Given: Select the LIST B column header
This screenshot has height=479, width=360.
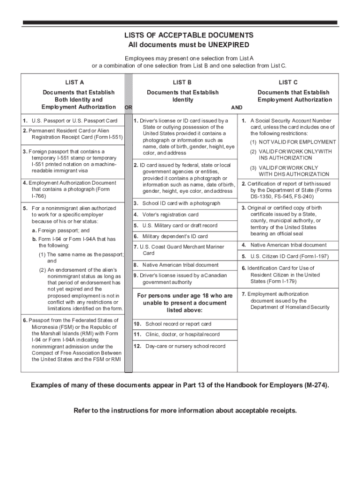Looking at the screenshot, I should click(182, 82).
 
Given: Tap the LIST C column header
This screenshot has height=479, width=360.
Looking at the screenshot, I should click(288, 82).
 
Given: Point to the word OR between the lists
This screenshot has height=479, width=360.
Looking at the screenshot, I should click(128, 108).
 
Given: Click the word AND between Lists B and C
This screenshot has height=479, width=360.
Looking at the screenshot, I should click(237, 108).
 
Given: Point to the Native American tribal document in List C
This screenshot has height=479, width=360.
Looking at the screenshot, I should click(288, 245).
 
